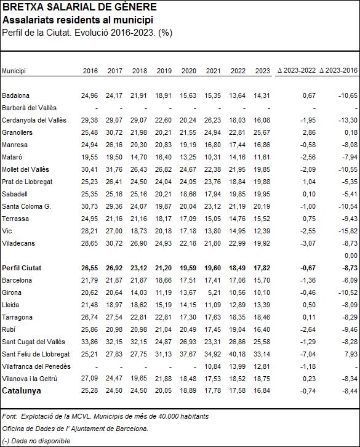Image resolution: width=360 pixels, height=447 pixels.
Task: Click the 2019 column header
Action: [x=164, y=71]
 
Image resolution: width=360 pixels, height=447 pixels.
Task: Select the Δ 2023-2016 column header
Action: [x=338, y=70]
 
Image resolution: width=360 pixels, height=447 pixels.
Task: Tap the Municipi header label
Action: [x=14, y=71]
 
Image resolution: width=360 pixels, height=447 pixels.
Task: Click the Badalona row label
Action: [x=15, y=95]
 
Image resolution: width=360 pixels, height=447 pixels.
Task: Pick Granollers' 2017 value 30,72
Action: [x=114, y=132]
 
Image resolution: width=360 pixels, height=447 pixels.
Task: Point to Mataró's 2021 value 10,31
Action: [x=213, y=157]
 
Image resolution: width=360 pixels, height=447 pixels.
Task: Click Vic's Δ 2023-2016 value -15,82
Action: [x=348, y=231]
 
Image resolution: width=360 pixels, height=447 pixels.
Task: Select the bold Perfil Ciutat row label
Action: [x=22, y=268]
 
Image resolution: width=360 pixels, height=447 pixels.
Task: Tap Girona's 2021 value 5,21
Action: [x=214, y=292]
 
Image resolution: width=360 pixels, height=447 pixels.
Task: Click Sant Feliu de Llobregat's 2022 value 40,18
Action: [x=238, y=354]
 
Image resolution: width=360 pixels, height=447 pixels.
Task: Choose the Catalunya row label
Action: [x=22, y=390]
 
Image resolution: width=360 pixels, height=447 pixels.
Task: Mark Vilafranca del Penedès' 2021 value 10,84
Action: [x=213, y=366]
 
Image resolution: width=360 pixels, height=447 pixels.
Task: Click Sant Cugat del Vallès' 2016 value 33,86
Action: [x=89, y=342]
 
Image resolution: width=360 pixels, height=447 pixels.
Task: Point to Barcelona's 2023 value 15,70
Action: [x=262, y=280]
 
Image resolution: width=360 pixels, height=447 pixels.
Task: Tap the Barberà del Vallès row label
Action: [x=29, y=108]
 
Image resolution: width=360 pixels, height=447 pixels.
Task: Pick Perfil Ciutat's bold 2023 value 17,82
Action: [x=262, y=268]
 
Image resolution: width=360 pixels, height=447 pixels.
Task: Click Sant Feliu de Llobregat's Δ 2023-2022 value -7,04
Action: [x=308, y=354]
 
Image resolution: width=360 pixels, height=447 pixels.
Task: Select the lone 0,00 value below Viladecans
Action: [x=351, y=256]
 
